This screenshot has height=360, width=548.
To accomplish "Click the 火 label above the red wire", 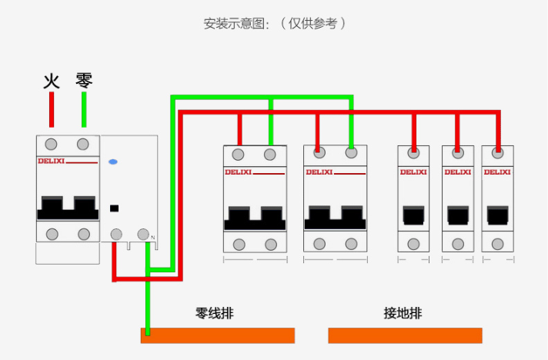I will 52,80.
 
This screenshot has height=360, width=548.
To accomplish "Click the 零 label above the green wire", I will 84,80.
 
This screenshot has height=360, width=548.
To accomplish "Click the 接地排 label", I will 403,314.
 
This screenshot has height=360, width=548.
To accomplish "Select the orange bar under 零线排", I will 218,335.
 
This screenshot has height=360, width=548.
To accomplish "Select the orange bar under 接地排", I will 405,335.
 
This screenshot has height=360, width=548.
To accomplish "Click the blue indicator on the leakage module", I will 113,162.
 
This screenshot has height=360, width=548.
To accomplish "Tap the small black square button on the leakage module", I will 115,208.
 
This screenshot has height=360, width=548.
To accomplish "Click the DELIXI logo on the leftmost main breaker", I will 52,161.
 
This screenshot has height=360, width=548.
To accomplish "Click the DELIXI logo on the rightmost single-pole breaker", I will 497,172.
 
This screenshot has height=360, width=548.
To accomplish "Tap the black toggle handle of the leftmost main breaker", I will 68,208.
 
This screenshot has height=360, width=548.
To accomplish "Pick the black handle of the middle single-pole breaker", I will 458,215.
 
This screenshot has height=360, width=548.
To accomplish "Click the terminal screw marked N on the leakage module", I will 143,234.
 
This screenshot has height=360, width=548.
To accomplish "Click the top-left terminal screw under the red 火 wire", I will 52,145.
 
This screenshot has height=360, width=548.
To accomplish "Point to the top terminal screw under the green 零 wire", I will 83,145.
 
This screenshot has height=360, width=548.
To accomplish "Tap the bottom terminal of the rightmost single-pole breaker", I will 497,244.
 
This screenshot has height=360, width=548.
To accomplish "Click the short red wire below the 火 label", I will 52,110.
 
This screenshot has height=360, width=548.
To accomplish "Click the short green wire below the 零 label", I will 84,110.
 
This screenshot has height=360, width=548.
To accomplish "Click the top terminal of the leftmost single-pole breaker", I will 413,152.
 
